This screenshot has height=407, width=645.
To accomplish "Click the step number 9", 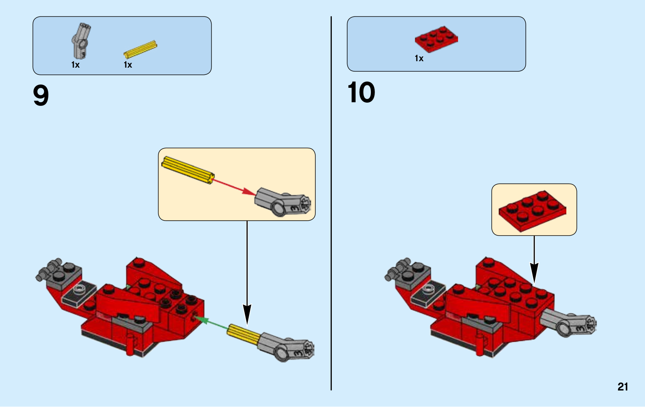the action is click(x=41, y=95).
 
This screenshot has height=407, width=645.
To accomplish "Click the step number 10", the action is click(x=361, y=92).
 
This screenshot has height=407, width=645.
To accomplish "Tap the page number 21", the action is click(x=622, y=386).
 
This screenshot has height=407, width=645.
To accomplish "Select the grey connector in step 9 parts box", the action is click(x=81, y=41).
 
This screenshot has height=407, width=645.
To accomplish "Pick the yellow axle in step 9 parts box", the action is click(x=141, y=49).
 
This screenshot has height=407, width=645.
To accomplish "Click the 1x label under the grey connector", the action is click(x=75, y=65).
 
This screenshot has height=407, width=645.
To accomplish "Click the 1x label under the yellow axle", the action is click(x=128, y=65).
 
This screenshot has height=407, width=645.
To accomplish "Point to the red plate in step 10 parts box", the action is click(x=436, y=39).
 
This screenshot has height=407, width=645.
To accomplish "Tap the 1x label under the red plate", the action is click(x=419, y=58).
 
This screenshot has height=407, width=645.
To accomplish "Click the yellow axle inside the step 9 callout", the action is click(x=188, y=170).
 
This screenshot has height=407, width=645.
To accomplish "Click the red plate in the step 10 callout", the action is click(x=533, y=211).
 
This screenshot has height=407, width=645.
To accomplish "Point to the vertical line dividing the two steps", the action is click(x=331, y=203).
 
